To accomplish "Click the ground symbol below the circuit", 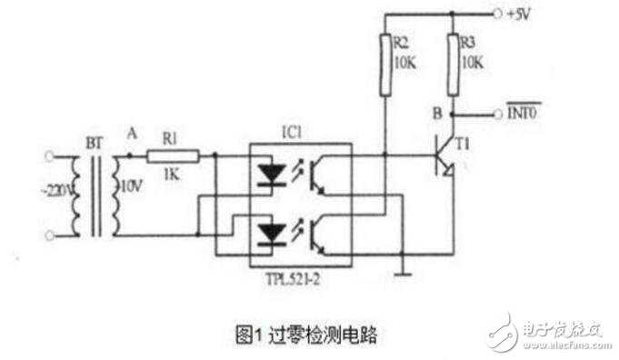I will pyautogui.click(x=401, y=270).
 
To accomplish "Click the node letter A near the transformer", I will pyautogui.click(x=132, y=134).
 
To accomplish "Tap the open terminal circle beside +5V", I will pyautogui.click(x=498, y=15).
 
